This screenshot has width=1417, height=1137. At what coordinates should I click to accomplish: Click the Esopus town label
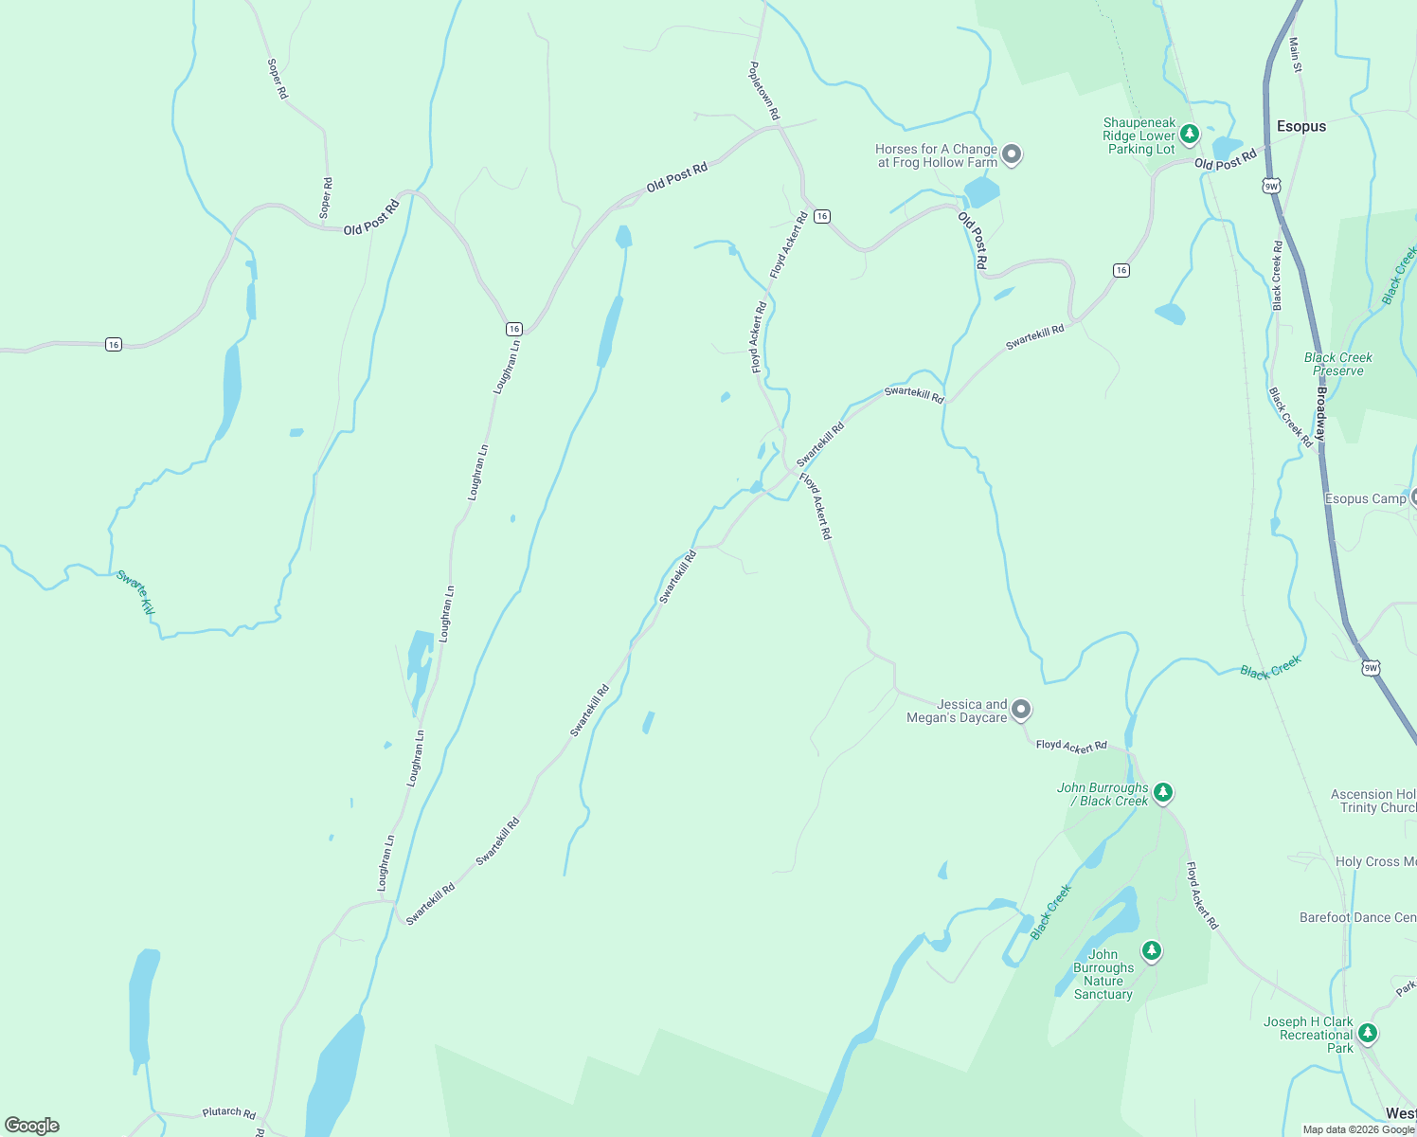[1300, 126]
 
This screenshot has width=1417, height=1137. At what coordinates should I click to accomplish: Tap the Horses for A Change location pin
[1012, 153]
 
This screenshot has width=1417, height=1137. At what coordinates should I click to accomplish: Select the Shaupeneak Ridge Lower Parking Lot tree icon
[1190, 134]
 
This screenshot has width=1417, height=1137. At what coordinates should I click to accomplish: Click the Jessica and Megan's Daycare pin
[1020, 709]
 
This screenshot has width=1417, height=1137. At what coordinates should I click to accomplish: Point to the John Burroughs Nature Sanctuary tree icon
[1151, 949]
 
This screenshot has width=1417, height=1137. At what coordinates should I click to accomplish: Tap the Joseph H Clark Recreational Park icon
[1367, 1032]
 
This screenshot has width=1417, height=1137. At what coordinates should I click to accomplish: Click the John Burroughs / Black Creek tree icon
[1163, 792]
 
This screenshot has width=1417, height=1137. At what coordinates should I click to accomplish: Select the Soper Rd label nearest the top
[277, 79]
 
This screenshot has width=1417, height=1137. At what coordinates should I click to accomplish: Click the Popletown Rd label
[764, 91]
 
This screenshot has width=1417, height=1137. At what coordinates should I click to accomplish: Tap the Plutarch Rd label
[229, 1111]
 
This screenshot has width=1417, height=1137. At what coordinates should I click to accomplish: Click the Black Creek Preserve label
[1337, 364]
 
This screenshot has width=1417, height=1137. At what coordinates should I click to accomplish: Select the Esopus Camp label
[1365, 498]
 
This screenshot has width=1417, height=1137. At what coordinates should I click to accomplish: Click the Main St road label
[1295, 55]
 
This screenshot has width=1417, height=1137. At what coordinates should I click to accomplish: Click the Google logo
[32, 1126]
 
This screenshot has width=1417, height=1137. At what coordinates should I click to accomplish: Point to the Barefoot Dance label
[1357, 917]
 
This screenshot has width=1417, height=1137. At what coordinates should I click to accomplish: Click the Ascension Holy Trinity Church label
[1373, 802]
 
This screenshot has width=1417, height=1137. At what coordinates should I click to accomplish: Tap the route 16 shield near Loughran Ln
[513, 329]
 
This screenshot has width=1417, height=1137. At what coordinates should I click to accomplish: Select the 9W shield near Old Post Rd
[1271, 187]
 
